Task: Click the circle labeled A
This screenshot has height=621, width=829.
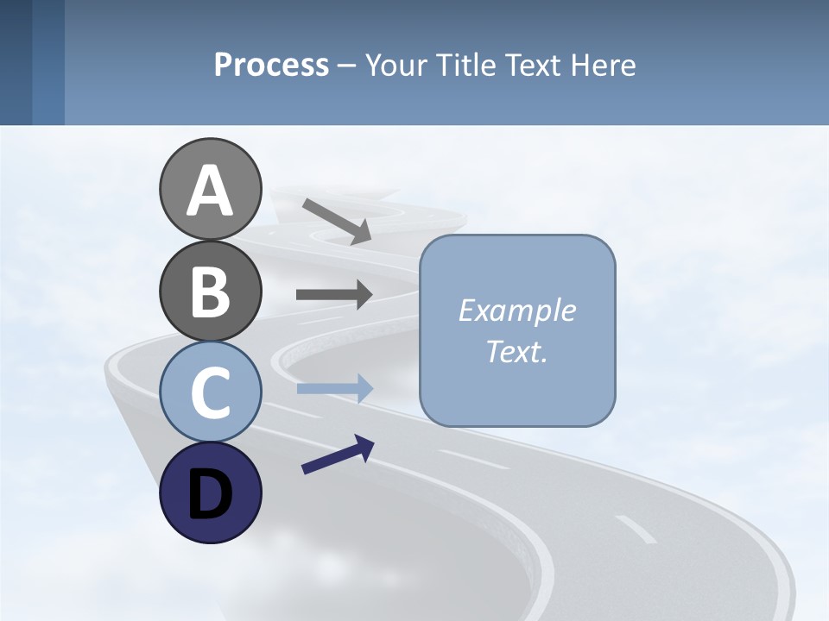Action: tap(210, 189)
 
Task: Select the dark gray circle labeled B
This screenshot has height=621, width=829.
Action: tap(210, 291)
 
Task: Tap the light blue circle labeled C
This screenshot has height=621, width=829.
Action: tap(210, 392)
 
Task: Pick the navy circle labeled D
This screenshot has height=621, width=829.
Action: tap(210, 492)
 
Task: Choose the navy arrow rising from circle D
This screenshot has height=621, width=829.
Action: tap(338, 455)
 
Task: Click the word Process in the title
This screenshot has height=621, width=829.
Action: tap(271, 65)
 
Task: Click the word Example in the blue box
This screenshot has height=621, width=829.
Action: tap(516, 310)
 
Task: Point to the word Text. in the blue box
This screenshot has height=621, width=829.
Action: tap(516, 351)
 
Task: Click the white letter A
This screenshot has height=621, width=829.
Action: tap(210, 191)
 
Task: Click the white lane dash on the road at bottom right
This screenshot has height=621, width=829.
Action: tap(636, 530)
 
